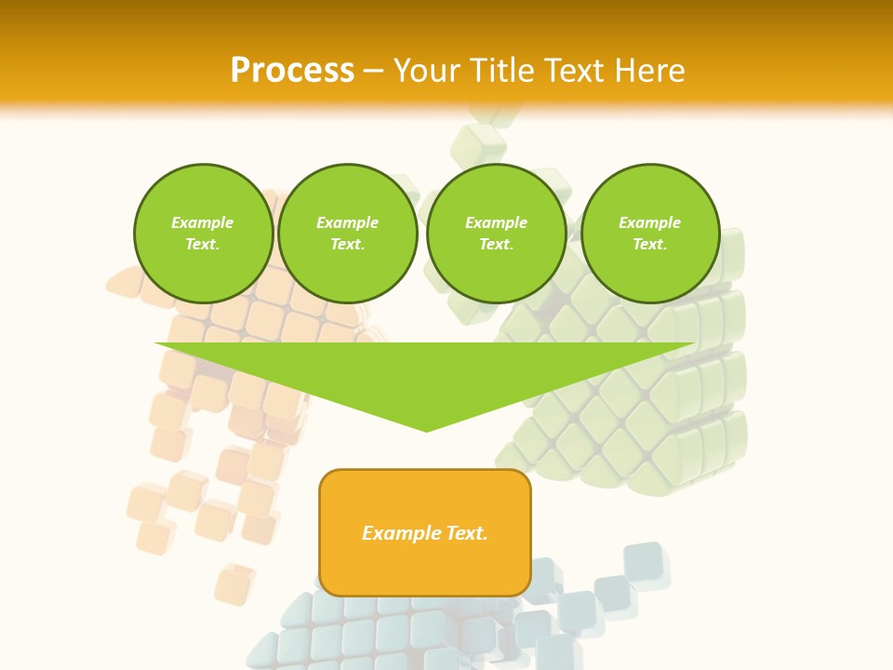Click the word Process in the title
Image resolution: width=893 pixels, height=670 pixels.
[292, 71]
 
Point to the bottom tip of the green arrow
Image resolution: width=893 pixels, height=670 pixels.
[427, 431]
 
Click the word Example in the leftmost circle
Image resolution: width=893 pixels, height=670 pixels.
[203, 222]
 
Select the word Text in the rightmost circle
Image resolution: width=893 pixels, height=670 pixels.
[649, 244]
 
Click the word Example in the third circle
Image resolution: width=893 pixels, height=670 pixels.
[496, 222]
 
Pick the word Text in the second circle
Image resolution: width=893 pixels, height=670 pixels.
[347, 244]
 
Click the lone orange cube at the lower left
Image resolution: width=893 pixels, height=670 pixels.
[233, 584]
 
